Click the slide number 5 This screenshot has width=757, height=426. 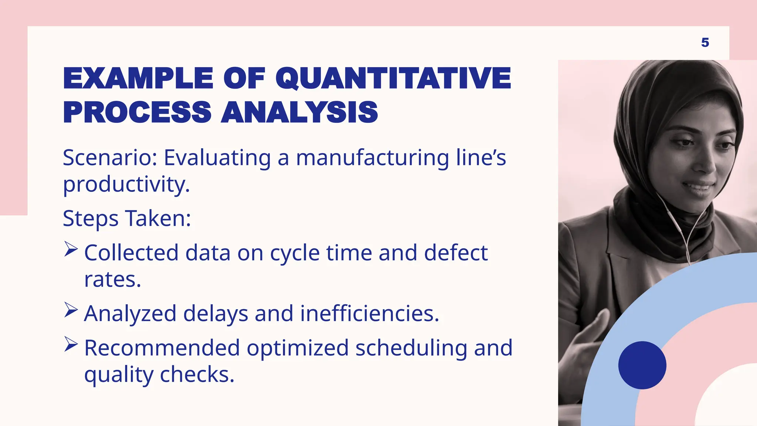click(705, 43)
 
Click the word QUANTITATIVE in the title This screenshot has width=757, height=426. click(393, 78)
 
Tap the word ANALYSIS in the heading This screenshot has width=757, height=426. click(299, 112)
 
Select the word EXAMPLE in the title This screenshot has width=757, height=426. click(138, 78)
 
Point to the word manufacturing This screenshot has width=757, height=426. click(372, 158)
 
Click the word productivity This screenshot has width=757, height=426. click(126, 185)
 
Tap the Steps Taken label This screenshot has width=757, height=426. click(127, 218)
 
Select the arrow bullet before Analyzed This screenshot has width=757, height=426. click(71, 310)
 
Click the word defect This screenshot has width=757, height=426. click(455, 253)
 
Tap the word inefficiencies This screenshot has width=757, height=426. click(369, 314)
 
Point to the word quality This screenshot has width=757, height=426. click(118, 375)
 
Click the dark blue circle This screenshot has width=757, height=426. click(642, 365)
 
